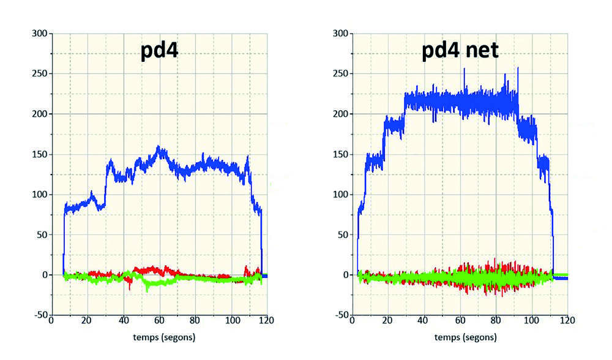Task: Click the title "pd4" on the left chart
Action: tap(159, 51)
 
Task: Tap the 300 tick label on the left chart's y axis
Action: tap(39, 34)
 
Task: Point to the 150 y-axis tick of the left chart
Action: tap(39, 154)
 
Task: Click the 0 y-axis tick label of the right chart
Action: tap(345, 275)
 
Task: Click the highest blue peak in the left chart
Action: tap(159, 146)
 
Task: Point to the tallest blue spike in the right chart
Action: tap(518, 68)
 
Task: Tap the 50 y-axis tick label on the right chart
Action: tap(343, 234)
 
